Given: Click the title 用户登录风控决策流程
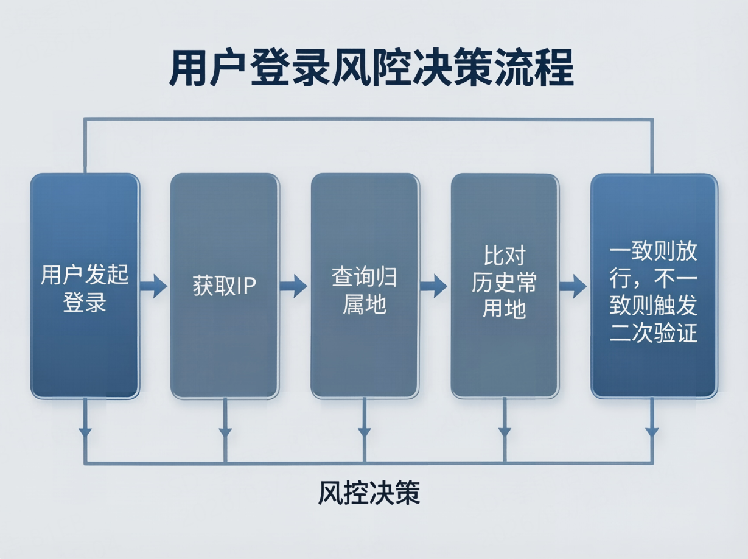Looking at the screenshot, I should [371, 69].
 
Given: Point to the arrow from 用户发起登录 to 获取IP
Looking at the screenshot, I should [154, 286].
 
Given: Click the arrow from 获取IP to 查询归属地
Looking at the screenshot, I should [294, 286].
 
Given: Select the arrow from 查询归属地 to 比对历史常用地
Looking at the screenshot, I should [434, 286].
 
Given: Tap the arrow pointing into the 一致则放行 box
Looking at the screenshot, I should [573, 286].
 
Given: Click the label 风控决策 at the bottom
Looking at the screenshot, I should [369, 493].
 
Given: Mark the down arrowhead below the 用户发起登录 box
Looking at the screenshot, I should [85, 432].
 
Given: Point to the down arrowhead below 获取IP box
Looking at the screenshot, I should [225, 432].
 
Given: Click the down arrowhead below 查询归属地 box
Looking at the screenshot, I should [365, 432].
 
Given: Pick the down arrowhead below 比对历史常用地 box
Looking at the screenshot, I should [505, 432].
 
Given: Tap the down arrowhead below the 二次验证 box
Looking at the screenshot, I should [652, 432].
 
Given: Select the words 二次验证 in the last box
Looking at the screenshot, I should [654, 333].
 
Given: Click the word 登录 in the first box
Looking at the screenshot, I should [85, 302].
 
